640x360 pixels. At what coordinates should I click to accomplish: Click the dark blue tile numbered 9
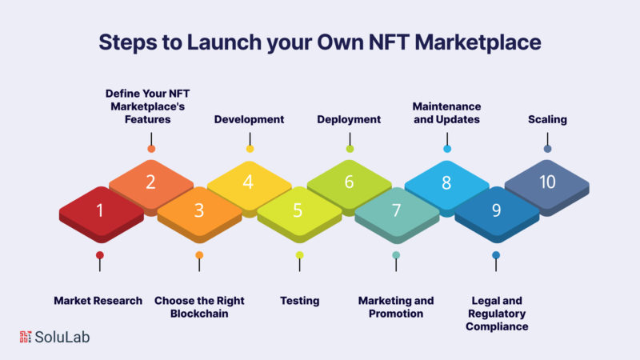[x=497, y=213]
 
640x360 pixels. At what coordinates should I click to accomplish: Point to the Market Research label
[x=98, y=301]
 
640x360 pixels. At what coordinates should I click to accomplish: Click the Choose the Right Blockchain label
[x=199, y=307]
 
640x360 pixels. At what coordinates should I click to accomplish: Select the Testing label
[x=299, y=301]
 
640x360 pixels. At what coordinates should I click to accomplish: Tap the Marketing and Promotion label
[x=396, y=307]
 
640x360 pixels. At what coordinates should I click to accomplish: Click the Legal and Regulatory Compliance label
[x=497, y=314]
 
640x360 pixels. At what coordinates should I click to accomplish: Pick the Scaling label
[x=547, y=119]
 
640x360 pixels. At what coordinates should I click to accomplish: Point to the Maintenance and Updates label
[x=446, y=113]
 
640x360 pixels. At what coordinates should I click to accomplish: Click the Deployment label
[x=349, y=119]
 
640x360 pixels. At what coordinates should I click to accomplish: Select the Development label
[x=249, y=119]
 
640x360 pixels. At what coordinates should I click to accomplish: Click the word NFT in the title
[x=389, y=42]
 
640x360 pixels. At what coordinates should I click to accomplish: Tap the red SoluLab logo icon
[x=26, y=337]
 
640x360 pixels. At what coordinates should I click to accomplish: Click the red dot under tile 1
[x=99, y=255]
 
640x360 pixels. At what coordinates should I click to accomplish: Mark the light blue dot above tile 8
[x=447, y=149]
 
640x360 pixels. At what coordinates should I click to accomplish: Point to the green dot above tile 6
[x=350, y=149]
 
